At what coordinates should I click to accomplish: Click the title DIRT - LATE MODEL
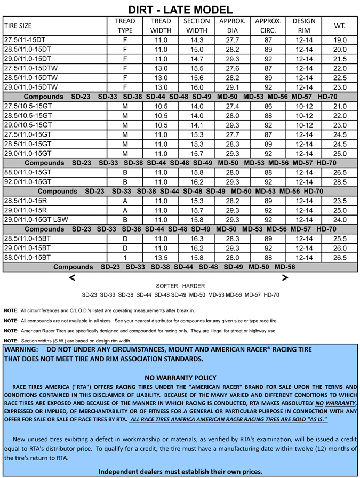coord(180,10)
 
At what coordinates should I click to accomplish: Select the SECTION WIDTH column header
coord(196,26)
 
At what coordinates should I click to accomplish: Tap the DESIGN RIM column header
coord(303,26)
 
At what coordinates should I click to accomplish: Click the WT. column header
coord(340,26)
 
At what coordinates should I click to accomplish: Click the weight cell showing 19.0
coord(340,40)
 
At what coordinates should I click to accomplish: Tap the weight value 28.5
coord(340,182)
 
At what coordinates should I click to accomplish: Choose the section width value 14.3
coord(196,40)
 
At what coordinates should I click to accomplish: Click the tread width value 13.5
coord(161,257)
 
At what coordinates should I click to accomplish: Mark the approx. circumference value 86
coord(268,107)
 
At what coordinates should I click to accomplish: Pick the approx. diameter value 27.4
coord(232,107)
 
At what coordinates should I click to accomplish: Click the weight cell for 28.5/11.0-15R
coord(340,201)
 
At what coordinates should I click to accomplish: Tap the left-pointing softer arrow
coord(72,277)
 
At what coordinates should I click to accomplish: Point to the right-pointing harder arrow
coord(285,277)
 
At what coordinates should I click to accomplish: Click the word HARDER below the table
coord(193,286)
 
